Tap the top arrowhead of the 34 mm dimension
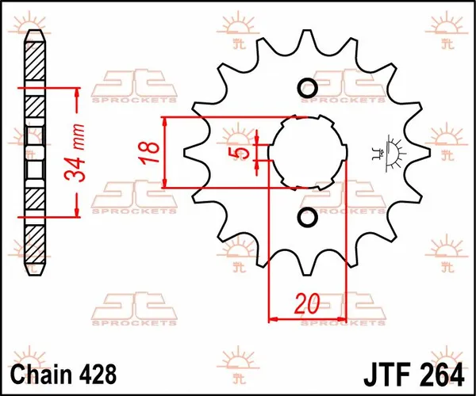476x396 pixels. click(x=77, y=90)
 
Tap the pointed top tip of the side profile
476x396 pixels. click(x=35, y=33)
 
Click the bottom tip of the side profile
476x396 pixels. click(x=35, y=270)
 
